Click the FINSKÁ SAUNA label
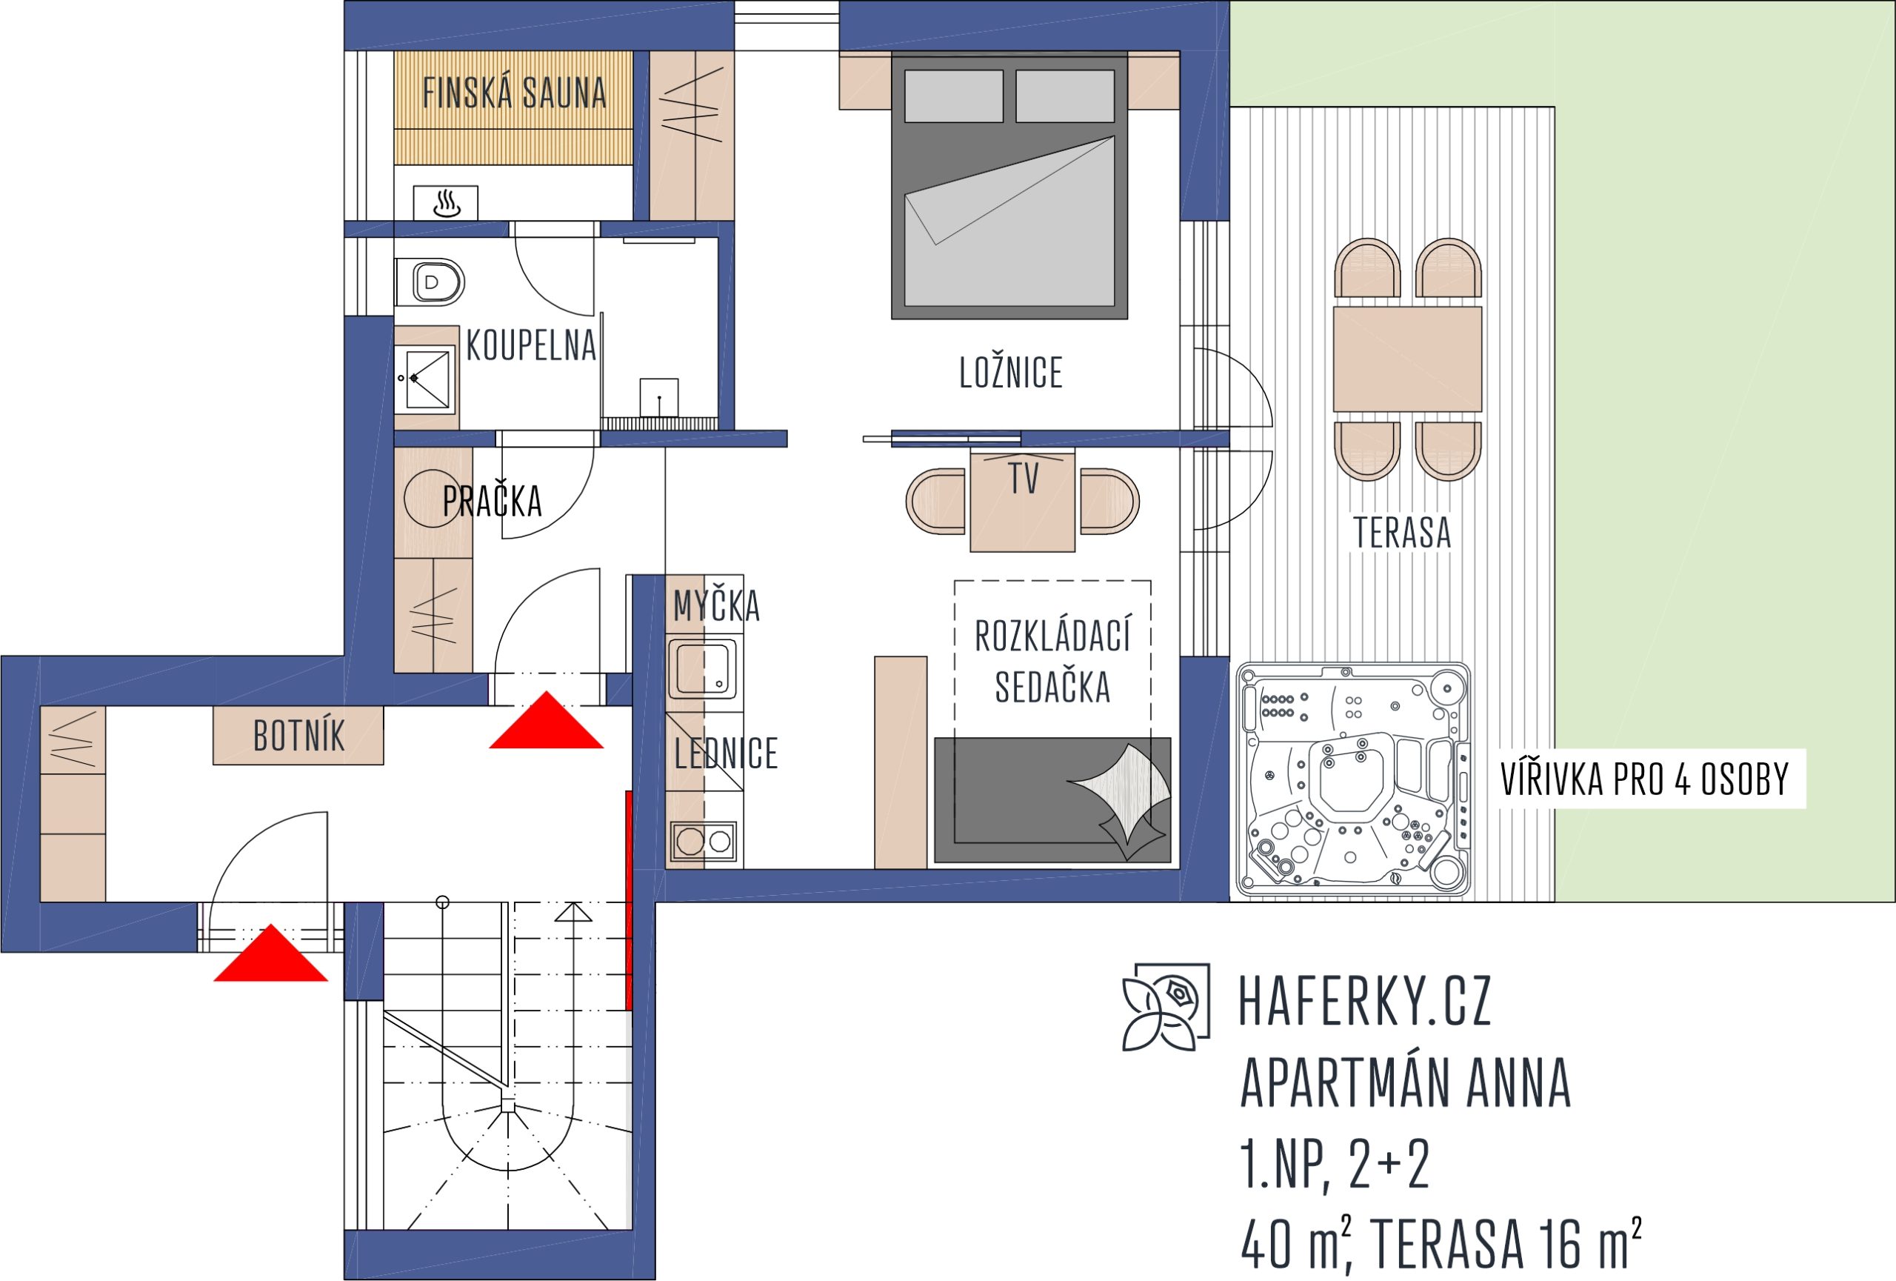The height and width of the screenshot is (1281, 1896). tap(514, 92)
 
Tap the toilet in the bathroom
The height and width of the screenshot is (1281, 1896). tap(430, 282)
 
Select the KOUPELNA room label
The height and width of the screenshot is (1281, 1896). tap(531, 345)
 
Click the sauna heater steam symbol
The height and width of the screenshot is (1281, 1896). tap(447, 203)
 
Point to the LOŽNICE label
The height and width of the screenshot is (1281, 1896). tap(1011, 372)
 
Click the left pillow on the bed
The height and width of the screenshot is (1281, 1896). tap(954, 96)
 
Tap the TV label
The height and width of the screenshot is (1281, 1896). tap(1024, 478)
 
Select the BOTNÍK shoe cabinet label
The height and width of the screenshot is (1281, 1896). tap(298, 736)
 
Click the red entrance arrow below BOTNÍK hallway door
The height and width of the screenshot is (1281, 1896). tap(270, 953)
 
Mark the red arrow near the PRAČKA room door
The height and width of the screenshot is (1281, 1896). tap(546, 720)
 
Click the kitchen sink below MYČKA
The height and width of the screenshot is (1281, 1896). tap(702, 669)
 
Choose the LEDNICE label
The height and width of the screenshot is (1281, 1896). tap(725, 753)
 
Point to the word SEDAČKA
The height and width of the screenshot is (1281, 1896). tap(1052, 686)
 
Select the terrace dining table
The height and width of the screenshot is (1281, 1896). tap(1407, 359)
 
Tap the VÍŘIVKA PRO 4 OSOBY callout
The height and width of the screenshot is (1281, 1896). tap(1645, 779)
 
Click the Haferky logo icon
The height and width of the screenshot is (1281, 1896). tap(1166, 1007)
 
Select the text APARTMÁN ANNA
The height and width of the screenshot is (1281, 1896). tap(1405, 1082)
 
